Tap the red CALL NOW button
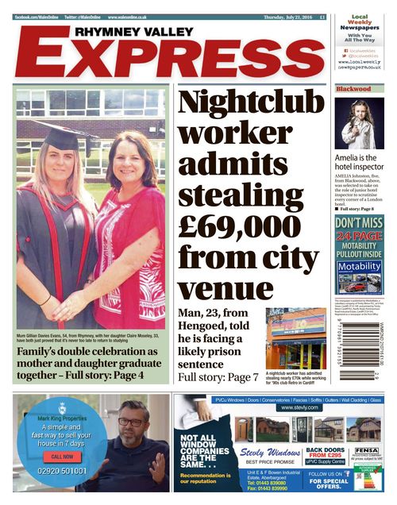(62, 457)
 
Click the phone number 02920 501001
(62, 471)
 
